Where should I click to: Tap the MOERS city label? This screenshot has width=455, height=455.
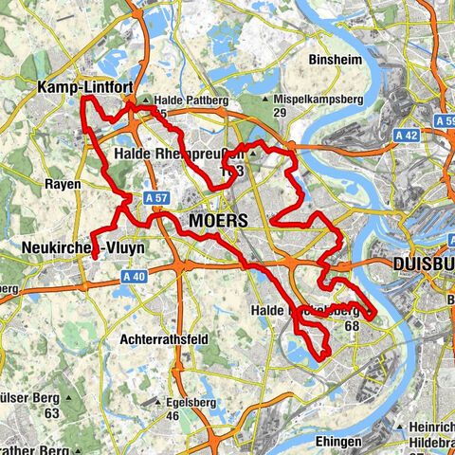click(218, 220)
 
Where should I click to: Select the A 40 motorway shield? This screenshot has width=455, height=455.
click(134, 276)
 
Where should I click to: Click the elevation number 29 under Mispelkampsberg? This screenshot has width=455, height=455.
click(279, 113)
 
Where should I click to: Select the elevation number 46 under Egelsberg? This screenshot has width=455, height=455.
click(172, 415)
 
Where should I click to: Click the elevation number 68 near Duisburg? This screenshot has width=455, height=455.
click(352, 324)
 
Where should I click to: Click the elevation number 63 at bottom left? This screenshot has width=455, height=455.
click(51, 413)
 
